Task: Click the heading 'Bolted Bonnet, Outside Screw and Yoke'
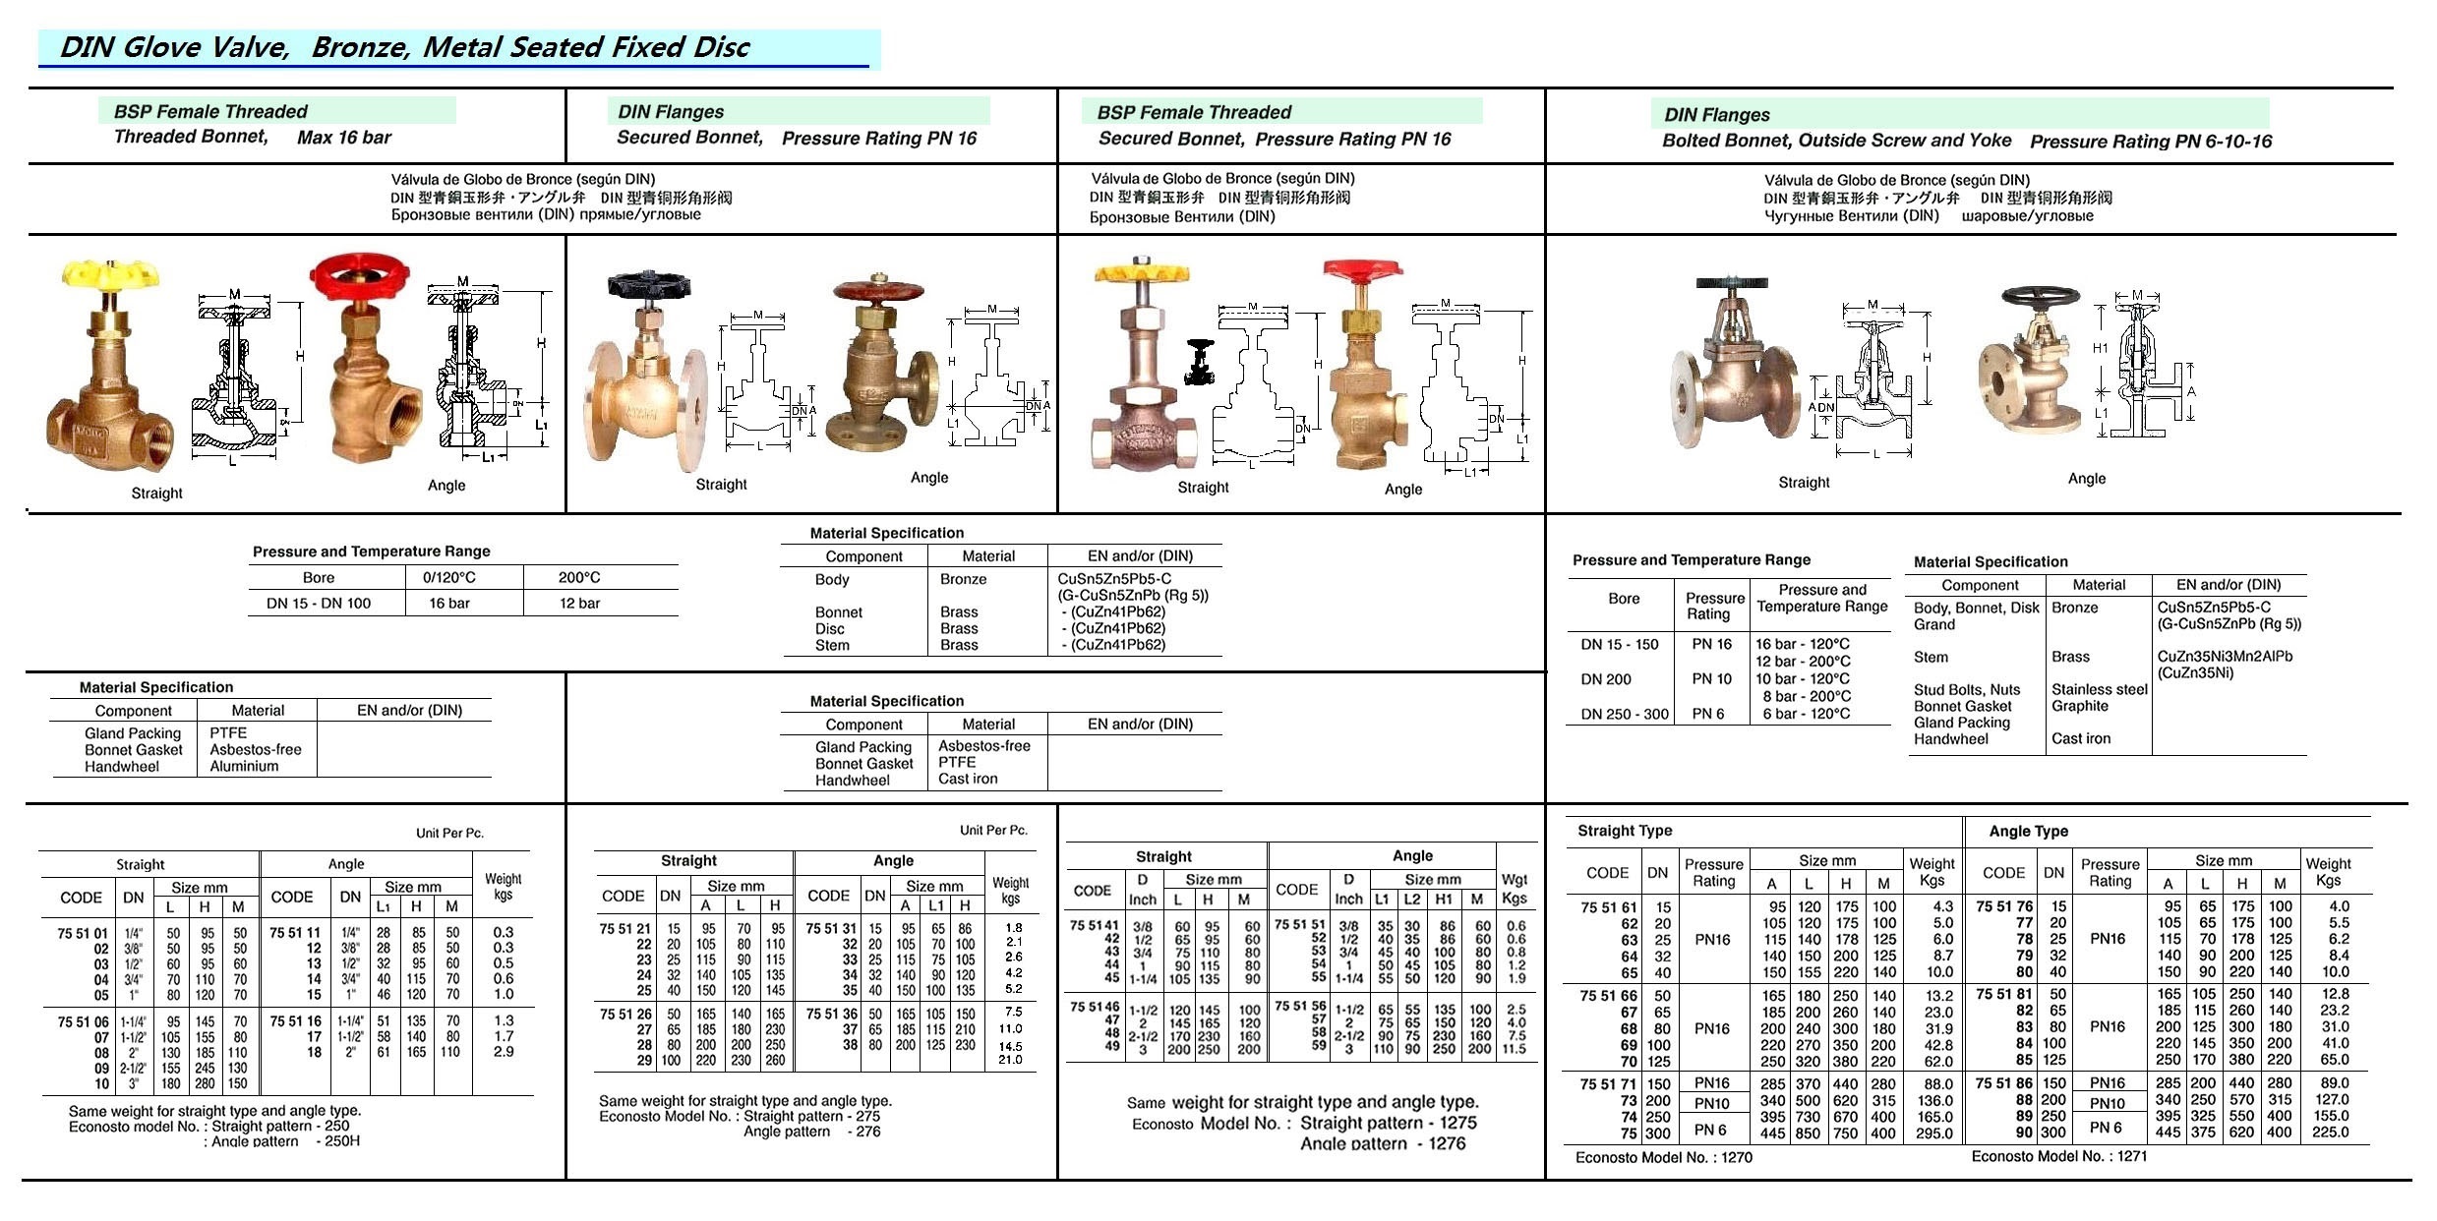pos(1836,141)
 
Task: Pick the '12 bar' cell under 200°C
pos(579,604)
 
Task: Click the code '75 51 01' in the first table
pos(83,933)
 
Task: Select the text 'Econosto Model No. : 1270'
pos(1663,1158)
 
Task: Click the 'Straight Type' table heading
pos(1625,831)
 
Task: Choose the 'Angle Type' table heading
pos(2028,832)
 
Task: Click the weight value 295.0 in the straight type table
pos(1933,1134)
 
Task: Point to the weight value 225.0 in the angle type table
pos(2330,1133)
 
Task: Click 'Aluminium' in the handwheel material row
pos(244,767)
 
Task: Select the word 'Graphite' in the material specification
pos(2079,706)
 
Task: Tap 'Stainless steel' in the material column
pos(2099,689)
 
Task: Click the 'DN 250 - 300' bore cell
pos(1625,715)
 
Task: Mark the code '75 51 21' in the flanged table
pos(624,929)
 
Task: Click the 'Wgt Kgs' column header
pos(1514,889)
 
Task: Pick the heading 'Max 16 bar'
pos(343,138)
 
